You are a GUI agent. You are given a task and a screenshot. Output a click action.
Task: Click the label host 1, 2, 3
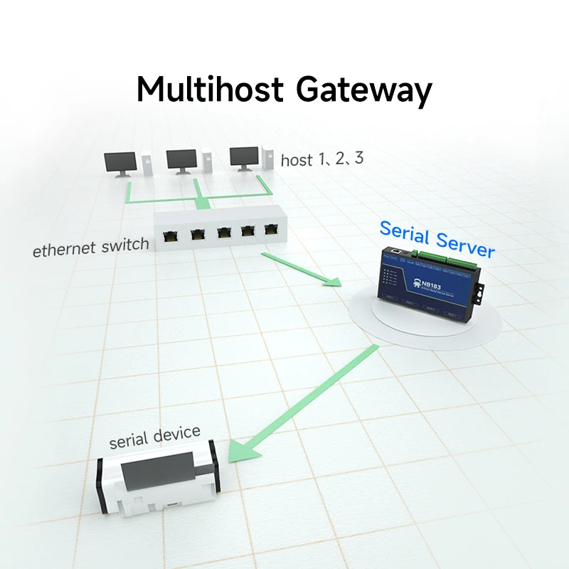tap(321, 159)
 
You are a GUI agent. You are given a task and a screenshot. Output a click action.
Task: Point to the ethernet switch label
tap(91, 247)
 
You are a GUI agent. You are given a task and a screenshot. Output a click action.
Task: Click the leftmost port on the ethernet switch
tap(171, 235)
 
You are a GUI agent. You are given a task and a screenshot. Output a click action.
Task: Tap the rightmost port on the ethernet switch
tap(272, 229)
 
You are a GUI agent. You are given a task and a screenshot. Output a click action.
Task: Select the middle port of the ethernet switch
tap(224, 232)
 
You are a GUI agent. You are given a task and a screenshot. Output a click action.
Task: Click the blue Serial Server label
tap(437, 239)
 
